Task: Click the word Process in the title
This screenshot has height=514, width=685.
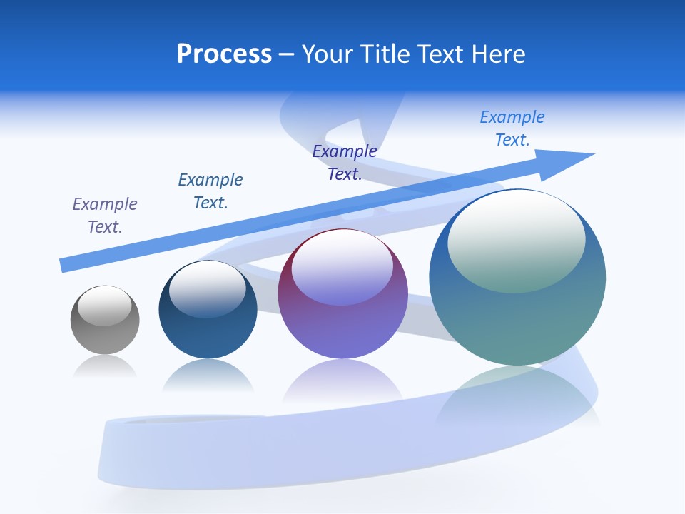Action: [224, 54]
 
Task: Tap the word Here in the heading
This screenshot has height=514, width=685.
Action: [497, 54]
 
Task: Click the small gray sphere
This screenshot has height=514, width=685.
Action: [105, 336]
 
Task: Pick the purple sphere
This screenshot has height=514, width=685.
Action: [342, 328]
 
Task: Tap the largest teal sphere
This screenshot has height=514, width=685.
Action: [517, 321]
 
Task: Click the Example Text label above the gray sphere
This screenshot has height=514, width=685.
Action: [105, 215]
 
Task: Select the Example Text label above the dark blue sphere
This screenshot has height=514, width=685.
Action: [210, 191]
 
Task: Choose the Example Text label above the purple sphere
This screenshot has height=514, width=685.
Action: [345, 162]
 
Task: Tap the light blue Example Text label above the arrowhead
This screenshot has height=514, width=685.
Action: [512, 128]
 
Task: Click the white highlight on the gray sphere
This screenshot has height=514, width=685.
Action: [104, 306]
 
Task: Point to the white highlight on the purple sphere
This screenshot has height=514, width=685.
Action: [342, 266]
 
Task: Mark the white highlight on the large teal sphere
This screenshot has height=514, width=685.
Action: [516, 240]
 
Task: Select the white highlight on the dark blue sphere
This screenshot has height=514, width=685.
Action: [207, 288]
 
